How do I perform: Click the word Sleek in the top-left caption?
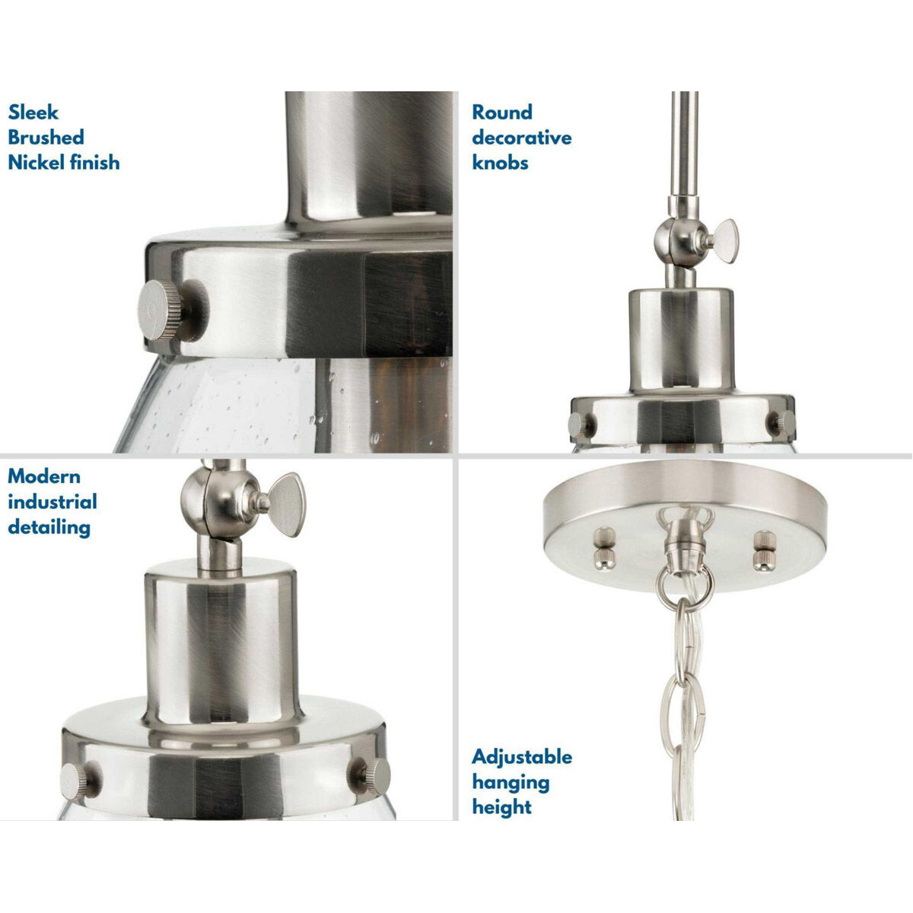point(33,113)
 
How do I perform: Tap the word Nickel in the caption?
point(37,162)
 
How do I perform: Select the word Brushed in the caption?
point(46,138)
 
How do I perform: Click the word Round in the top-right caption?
point(502,113)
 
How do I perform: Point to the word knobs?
point(500,162)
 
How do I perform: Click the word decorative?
point(522,138)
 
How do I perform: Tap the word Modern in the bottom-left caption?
point(44,477)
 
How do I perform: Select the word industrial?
point(52,502)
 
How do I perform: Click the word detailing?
point(49,527)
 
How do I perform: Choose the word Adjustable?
point(522,757)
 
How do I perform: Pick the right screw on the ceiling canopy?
point(763,550)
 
